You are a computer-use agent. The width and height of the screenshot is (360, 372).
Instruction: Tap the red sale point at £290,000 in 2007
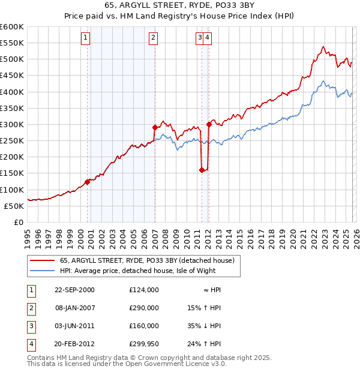point(155,127)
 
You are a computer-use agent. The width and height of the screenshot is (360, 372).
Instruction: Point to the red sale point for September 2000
point(88,182)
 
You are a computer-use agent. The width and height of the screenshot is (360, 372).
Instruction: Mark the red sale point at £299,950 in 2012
point(209,124)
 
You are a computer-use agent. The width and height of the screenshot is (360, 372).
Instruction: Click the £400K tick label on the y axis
point(11,92)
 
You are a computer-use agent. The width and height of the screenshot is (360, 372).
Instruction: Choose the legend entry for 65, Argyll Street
point(150,260)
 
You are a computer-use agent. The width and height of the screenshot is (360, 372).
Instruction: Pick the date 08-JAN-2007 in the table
point(74,307)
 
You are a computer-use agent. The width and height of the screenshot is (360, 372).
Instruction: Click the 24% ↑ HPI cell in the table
point(205,344)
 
